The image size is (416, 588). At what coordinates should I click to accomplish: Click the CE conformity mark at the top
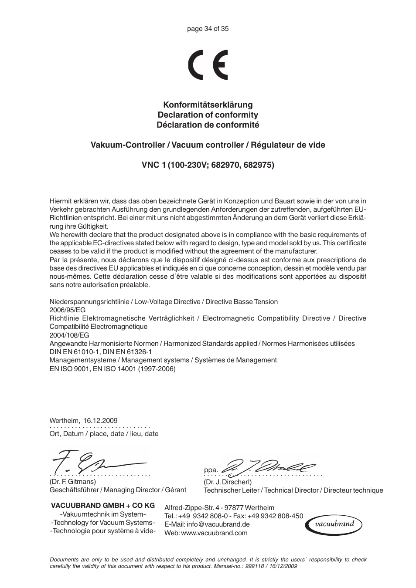(208, 65)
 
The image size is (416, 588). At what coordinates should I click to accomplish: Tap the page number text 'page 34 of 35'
(208, 29)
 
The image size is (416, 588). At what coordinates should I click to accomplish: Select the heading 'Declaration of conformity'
(208, 115)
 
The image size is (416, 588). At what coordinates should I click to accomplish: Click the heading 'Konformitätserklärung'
(208, 105)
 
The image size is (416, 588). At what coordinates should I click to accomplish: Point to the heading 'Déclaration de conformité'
(208, 125)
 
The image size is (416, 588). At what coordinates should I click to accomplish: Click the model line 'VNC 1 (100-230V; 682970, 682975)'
(208, 165)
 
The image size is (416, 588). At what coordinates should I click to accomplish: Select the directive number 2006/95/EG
(68, 310)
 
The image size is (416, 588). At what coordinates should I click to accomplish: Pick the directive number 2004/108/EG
(69, 335)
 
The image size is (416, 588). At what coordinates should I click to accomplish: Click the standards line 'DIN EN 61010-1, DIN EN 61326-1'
(100, 351)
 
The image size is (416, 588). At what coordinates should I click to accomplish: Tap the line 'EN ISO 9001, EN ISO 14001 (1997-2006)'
(113, 368)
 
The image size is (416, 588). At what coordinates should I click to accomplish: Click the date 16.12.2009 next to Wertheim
(100, 421)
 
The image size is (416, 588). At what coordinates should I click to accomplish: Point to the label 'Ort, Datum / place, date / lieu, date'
(104, 434)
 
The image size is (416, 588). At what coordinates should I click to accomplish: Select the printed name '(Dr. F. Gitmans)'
(72, 482)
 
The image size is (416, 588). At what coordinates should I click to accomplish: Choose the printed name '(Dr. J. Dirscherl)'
(228, 482)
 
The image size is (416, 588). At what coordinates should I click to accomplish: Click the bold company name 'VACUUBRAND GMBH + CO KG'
(103, 505)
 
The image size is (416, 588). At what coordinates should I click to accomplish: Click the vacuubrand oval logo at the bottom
(335, 524)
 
